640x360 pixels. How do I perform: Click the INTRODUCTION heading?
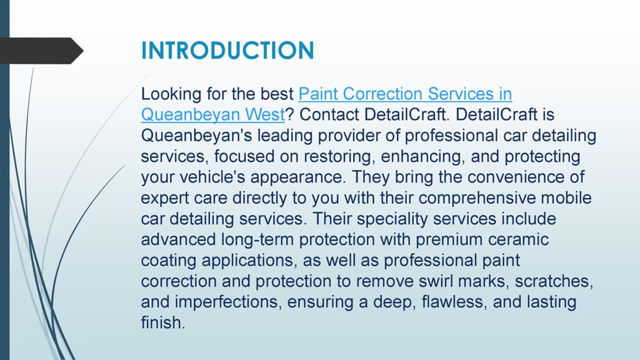[227, 50]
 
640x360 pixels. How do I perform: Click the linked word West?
[264, 115]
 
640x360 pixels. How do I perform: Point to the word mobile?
[566, 198]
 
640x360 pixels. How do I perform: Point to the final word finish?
[162, 323]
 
